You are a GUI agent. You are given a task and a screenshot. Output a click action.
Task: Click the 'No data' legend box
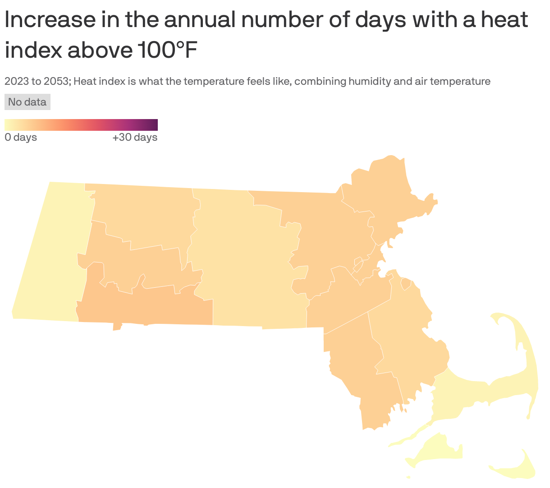pos(27,102)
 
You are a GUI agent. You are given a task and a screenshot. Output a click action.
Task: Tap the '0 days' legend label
pos(21,137)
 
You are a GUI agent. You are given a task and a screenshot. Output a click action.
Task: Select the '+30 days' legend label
pos(135,137)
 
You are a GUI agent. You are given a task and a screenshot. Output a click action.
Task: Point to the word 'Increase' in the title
pos(50,20)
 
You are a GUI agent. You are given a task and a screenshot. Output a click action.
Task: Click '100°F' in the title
pos(166,51)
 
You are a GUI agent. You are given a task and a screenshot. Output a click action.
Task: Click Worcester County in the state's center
pos(243,262)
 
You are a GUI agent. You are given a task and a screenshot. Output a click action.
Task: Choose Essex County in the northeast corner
pos(383,194)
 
